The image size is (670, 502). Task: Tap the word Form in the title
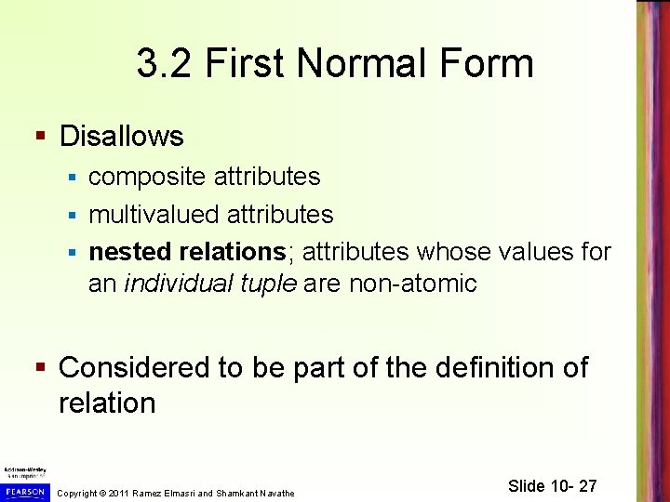pyautogui.click(x=487, y=64)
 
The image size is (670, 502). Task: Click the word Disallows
pyautogui.click(x=121, y=137)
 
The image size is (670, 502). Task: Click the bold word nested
pyautogui.click(x=129, y=252)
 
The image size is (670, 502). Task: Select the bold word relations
pyautogui.click(x=232, y=252)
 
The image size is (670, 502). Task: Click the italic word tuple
pyautogui.click(x=273, y=284)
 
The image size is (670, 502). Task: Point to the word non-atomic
pyautogui.click(x=412, y=284)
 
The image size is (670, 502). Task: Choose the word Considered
pyautogui.click(x=134, y=368)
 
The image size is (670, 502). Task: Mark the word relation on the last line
pyautogui.click(x=107, y=403)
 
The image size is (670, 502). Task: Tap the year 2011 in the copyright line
pyautogui.click(x=119, y=493)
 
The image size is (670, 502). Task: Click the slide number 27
pyautogui.click(x=586, y=486)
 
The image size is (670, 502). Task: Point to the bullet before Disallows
pyautogui.click(x=40, y=137)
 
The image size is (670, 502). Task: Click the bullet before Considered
pyautogui.click(x=40, y=368)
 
